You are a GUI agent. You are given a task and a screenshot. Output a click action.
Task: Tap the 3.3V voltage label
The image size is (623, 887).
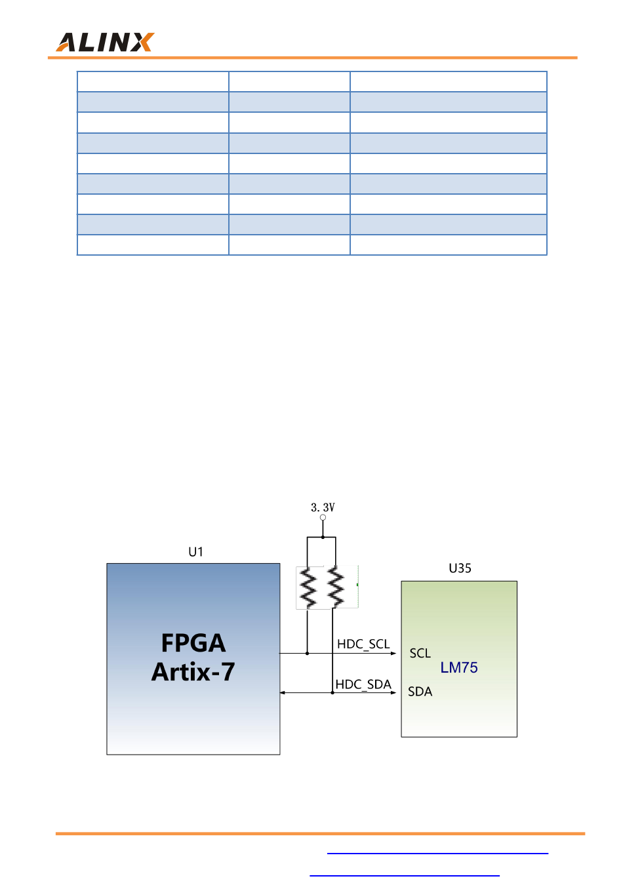(x=323, y=507)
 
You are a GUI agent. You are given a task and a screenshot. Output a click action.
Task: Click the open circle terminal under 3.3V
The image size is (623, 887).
(x=323, y=518)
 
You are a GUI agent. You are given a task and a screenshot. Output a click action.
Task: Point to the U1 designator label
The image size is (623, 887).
(x=195, y=552)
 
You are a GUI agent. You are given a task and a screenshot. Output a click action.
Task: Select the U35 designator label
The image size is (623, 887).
(x=460, y=568)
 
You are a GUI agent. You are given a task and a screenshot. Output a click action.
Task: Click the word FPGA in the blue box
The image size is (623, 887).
(x=193, y=643)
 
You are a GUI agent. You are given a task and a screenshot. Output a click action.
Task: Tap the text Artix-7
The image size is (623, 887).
(x=193, y=672)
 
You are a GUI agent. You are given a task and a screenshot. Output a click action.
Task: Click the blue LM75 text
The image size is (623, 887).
(x=459, y=667)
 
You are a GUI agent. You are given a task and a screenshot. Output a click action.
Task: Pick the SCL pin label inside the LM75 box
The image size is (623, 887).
(x=420, y=653)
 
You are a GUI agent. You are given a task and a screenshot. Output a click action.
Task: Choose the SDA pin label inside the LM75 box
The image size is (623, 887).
(x=420, y=692)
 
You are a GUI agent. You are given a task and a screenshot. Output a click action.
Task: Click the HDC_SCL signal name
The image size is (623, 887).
(x=363, y=644)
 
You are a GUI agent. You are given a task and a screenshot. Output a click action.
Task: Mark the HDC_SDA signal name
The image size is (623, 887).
(x=363, y=684)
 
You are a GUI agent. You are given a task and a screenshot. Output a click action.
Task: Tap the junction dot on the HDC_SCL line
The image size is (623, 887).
(x=308, y=654)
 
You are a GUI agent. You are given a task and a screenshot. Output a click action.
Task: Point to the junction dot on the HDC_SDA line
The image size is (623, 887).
(x=332, y=693)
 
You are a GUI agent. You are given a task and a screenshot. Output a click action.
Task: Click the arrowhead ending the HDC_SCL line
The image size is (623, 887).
(x=393, y=654)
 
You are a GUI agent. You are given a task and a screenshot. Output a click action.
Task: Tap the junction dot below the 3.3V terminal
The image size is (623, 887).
(x=323, y=538)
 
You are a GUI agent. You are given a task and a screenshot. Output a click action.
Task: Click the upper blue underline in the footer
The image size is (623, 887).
(x=437, y=854)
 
